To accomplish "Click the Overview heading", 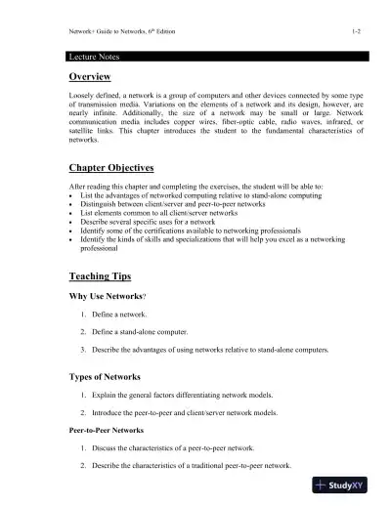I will coord(89,77).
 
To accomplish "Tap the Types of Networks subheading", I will coord(109,376).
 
